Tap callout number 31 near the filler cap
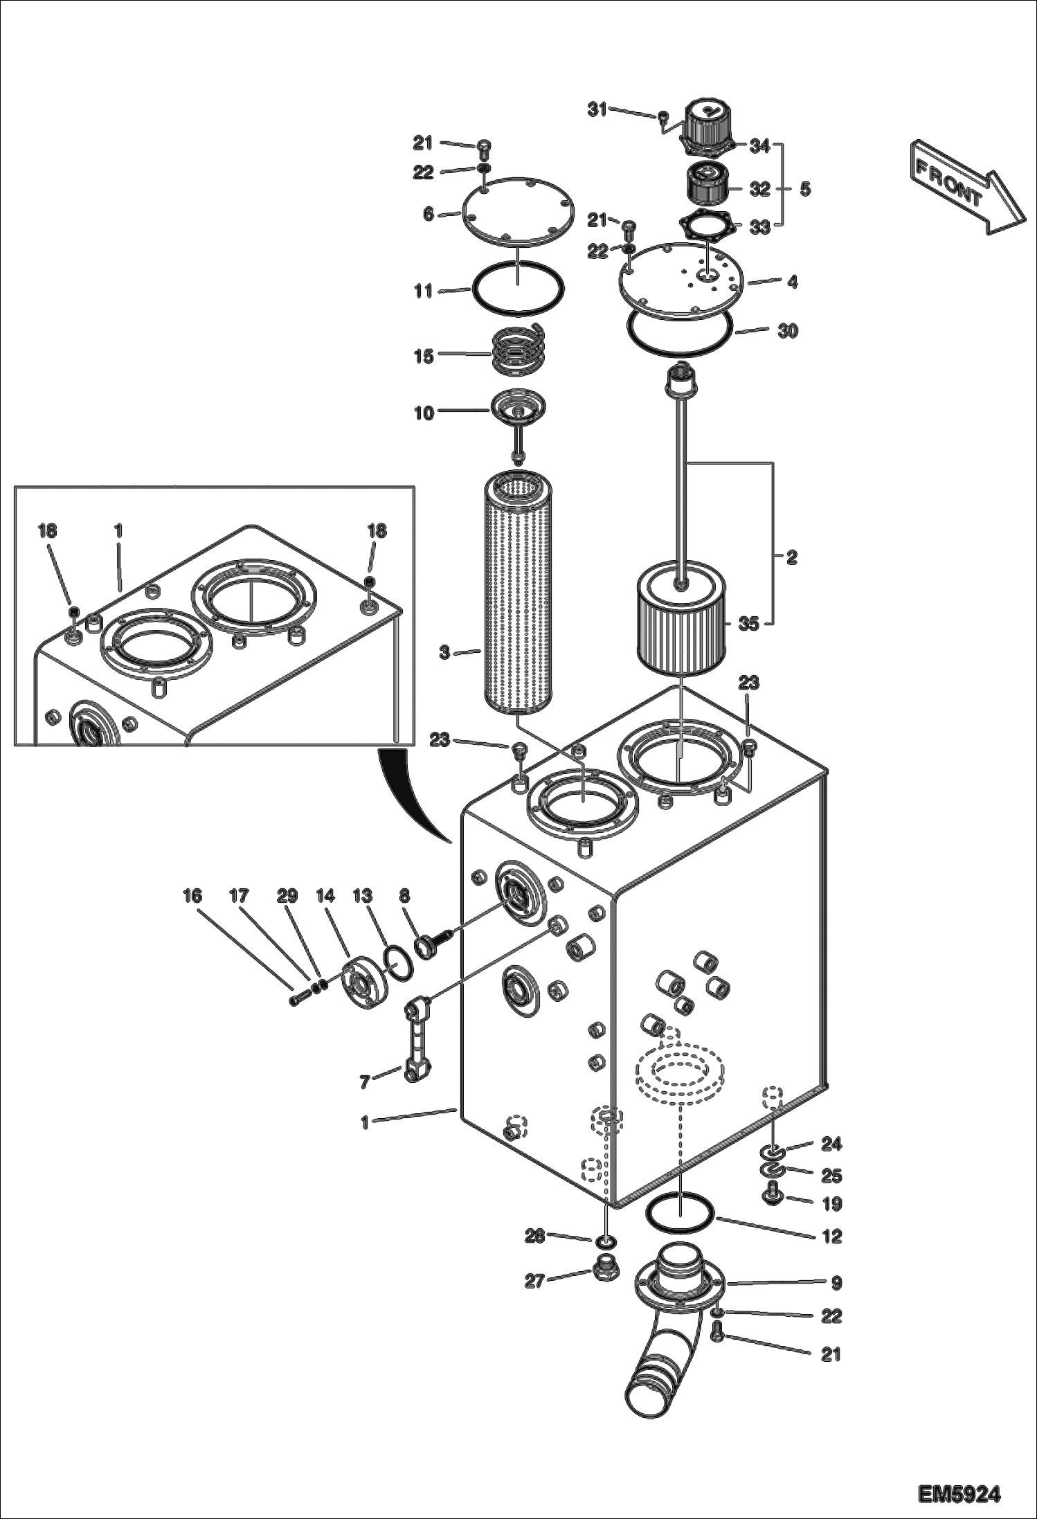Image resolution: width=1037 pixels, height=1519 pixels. [x=597, y=109]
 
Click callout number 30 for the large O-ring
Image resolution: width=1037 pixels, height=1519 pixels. [x=787, y=331]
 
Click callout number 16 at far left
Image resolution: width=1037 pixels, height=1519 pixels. [x=192, y=896]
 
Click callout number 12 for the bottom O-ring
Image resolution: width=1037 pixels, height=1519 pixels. [x=831, y=1236]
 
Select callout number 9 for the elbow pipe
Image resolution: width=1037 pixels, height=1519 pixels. [x=836, y=1283]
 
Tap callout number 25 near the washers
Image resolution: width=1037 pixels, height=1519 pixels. [x=831, y=1175]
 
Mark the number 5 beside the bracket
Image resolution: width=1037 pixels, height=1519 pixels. [x=804, y=189]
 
